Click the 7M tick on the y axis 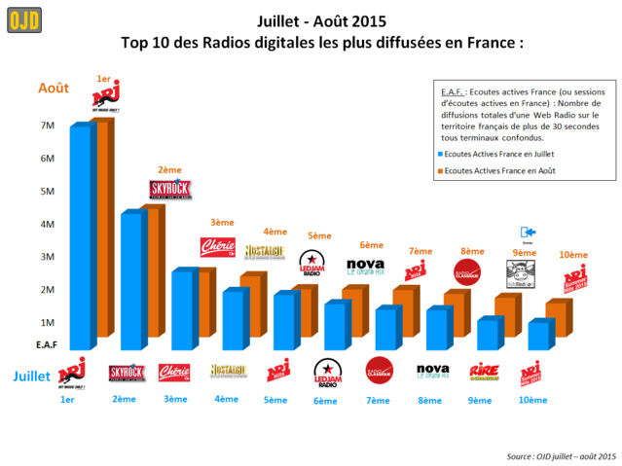pyautogui.click(x=47, y=125)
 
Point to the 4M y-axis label pyautogui.click(x=47, y=224)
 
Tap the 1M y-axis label pyautogui.click(x=47, y=322)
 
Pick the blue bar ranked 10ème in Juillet pyautogui.click(x=537, y=337)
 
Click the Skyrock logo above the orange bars pyautogui.click(x=169, y=189)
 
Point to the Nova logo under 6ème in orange pyautogui.click(x=366, y=265)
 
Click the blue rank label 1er pyautogui.click(x=67, y=400)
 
